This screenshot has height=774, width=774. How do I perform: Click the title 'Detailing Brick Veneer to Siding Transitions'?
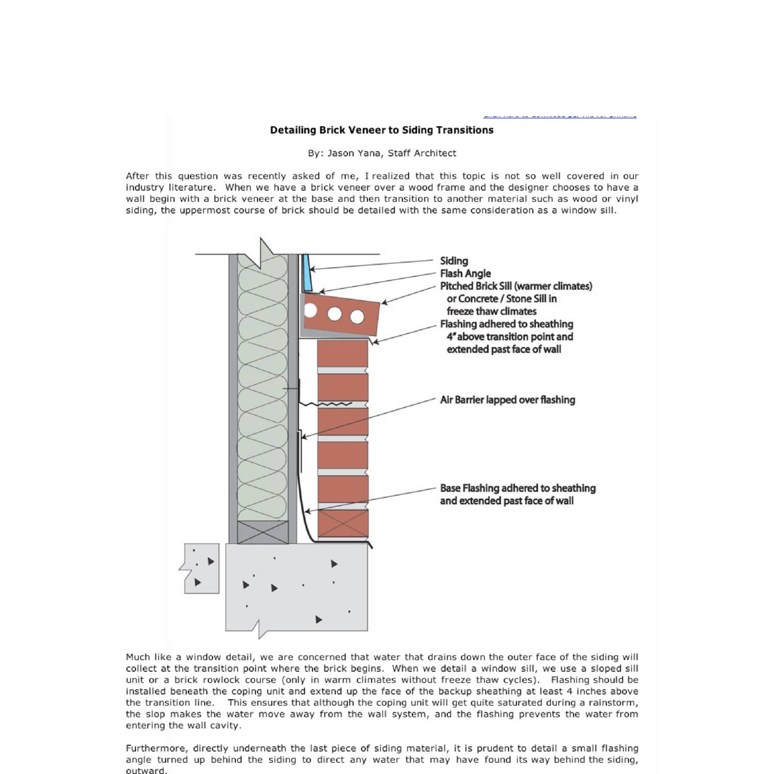[x=381, y=130]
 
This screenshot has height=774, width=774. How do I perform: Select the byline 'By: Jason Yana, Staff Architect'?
[x=382, y=153]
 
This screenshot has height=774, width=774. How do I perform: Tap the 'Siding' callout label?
[x=454, y=261]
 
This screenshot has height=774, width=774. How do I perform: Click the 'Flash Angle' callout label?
[x=465, y=273]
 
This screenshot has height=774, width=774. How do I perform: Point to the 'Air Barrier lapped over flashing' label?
[x=507, y=400]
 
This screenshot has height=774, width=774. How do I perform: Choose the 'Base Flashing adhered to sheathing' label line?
[x=518, y=488]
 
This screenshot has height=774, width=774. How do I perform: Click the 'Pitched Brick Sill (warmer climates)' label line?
[x=516, y=286]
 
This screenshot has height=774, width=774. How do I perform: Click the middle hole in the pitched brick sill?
[x=334, y=314]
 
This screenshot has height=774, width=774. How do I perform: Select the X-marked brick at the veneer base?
[x=343, y=524]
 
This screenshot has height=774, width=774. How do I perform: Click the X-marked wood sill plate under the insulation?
[x=263, y=532]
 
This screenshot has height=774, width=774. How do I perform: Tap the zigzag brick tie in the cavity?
[x=325, y=404]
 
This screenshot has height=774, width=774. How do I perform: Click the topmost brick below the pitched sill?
[x=343, y=353]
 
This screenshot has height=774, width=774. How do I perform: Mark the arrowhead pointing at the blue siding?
[x=312, y=268]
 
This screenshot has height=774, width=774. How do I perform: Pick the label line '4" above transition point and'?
[x=509, y=337]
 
